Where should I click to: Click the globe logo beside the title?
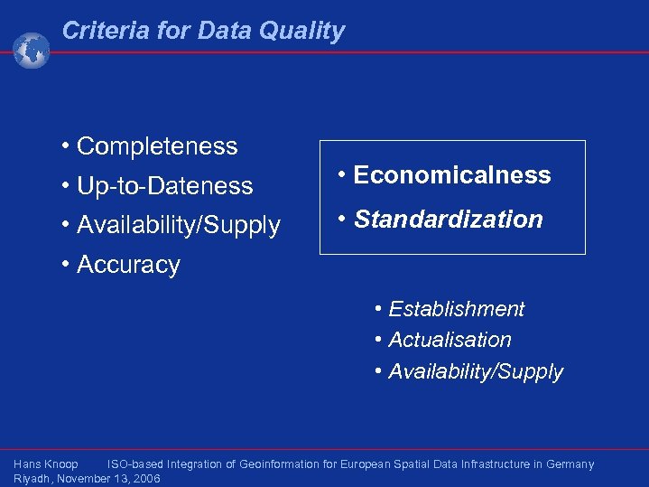coord(31,51)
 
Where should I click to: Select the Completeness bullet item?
coord(157,146)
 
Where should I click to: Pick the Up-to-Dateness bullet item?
coord(164,186)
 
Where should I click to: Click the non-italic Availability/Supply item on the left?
coord(178,225)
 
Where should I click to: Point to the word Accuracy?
coord(128,265)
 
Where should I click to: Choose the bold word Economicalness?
coord(451,175)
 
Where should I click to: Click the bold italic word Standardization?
coord(448,220)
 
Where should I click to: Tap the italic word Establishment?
coord(456,309)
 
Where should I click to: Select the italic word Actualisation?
coord(450,340)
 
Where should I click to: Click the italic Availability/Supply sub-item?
coord(475,371)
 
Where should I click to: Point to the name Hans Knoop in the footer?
coord(46,464)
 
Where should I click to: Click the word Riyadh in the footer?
coord(32,479)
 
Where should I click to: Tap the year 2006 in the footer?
coord(145,479)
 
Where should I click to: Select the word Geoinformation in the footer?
coord(280,464)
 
